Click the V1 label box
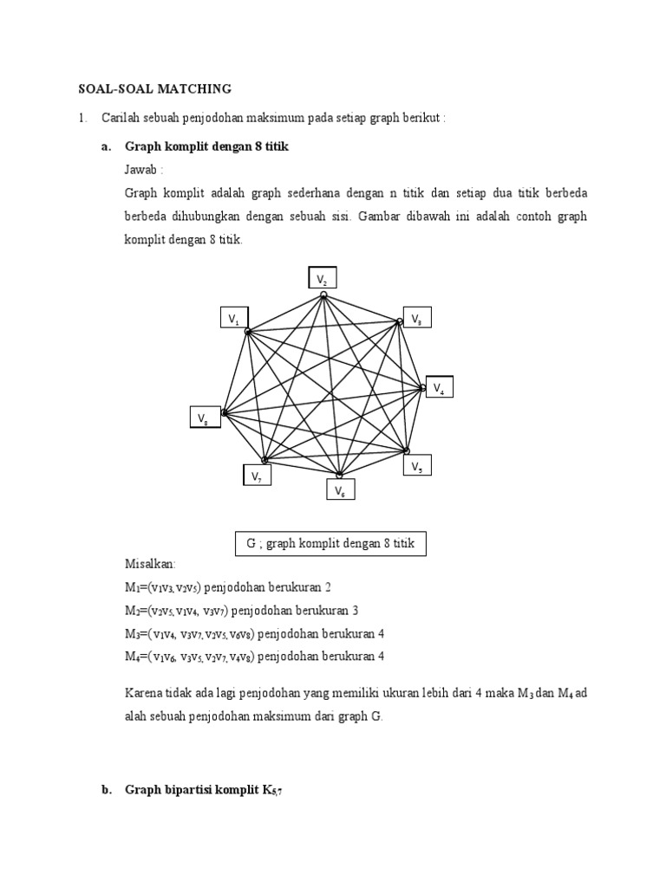pyautogui.click(x=233, y=319)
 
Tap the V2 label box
pyautogui.click(x=322, y=278)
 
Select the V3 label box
pyautogui.click(x=417, y=318)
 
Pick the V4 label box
pyautogui.click(x=439, y=388)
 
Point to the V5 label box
pyautogui.click(x=417, y=466)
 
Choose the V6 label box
pyautogui.click(x=341, y=490)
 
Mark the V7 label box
pyautogui.click(x=257, y=476)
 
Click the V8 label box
pyautogui.click(x=205, y=418)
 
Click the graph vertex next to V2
pyautogui.click(x=323, y=295)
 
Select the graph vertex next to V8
pyautogui.click(x=224, y=413)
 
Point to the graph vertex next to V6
pyautogui.click(x=339, y=475)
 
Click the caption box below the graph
pyautogui.click(x=330, y=544)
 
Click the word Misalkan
pyautogui.click(x=150, y=564)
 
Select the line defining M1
pyautogui.click(x=234, y=586)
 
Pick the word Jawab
pyautogui.click(x=144, y=170)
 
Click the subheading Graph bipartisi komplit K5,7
pyautogui.click(x=204, y=790)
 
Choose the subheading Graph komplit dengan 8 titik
pyautogui.click(x=206, y=147)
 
